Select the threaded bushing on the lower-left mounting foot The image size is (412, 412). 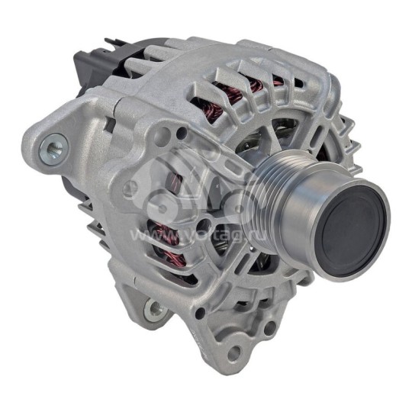(x=155, y=308)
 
